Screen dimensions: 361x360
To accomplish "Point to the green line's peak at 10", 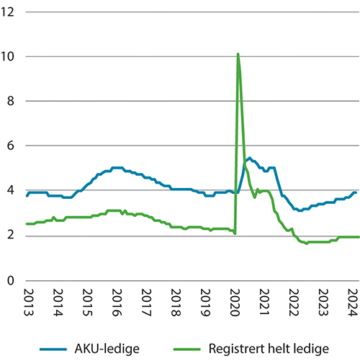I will click(238, 54).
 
